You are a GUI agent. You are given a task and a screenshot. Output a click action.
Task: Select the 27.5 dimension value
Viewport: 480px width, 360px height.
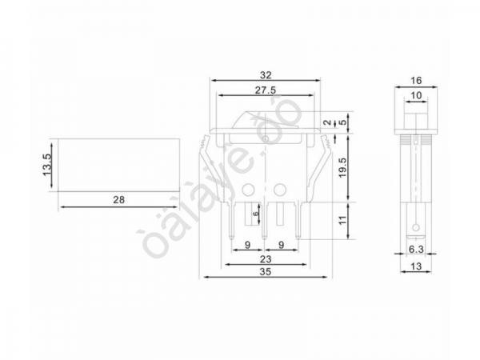[265, 90]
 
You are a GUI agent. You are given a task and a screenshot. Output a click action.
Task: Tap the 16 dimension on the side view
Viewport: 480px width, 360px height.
[416, 81]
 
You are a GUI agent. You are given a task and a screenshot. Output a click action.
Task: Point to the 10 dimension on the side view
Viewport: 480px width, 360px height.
[416, 96]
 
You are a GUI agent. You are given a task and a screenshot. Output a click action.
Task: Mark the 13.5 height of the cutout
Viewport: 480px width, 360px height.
[46, 164]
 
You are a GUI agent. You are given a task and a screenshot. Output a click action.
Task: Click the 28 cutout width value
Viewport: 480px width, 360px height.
[118, 200]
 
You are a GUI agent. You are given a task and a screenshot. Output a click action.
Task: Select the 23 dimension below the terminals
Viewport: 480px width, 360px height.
[265, 259]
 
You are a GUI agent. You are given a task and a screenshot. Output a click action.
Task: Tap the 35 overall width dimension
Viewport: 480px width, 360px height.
[265, 272]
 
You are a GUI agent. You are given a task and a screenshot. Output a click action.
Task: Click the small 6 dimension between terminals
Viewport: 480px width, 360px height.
[256, 215]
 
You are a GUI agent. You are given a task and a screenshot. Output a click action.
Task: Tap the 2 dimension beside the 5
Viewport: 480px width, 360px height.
[326, 123]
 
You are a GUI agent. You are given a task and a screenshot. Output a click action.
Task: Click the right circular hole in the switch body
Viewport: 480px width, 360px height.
[281, 190]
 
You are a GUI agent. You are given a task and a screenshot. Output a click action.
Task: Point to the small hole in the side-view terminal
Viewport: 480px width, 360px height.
[416, 230]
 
